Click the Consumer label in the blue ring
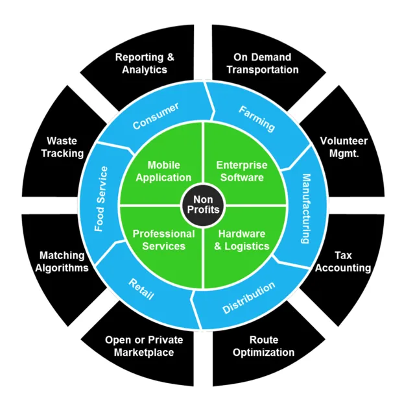[x=156, y=116]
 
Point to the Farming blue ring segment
[x=257, y=118]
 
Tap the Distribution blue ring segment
[x=248, y=297]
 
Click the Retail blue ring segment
[x=141, y=289]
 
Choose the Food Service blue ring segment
[x=101, y=199]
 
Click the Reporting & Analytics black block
[x=145, y=63]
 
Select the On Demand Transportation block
[x=265, y=63]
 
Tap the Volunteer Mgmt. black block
[x=344, y=147]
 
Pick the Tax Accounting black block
[x=343, y=262]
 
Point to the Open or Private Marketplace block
[x=144, y=346]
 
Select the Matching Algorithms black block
[x=64, y=262]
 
